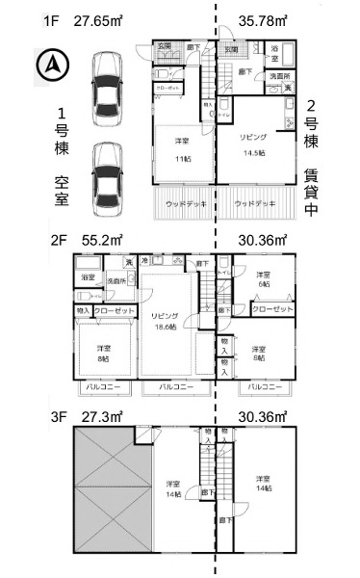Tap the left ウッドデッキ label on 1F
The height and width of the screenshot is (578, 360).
point(183,203)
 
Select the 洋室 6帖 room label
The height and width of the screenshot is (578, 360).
point(263,279)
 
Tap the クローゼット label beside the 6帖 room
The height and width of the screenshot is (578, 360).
point(272,309)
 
